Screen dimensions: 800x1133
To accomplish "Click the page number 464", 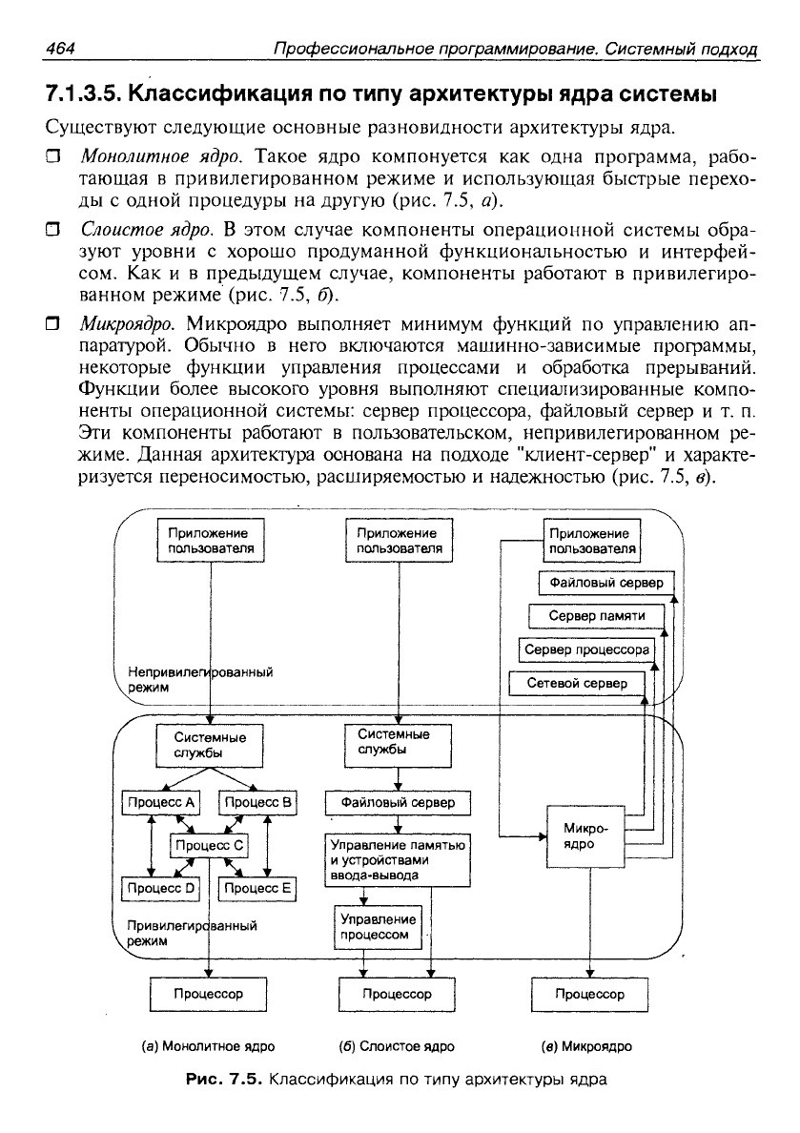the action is coord(61,49).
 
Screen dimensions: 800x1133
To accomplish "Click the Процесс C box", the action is coord(210,845).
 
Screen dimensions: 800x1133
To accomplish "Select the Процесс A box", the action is coord(161,803).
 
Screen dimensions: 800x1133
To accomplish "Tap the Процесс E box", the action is coord(257,888).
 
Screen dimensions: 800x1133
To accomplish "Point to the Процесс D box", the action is coord(161,888).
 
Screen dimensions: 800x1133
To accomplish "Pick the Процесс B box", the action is coord(257,803).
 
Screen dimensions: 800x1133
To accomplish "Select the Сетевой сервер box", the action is coord(577,684).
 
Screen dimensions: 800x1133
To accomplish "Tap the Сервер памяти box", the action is coord(596,616).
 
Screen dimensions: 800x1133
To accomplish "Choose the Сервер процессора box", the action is coord(586,649).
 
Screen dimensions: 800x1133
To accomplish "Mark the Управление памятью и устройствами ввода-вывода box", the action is coord(398,860).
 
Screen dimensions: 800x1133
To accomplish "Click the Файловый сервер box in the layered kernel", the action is coord(398,803).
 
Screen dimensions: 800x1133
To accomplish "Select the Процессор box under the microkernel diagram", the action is coord(589,995).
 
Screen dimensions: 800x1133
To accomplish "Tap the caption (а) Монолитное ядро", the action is coord(208,1046).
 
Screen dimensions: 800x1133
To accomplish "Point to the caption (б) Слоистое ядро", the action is coord(397,1046).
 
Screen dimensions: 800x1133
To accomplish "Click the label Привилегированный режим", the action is coord(192,933).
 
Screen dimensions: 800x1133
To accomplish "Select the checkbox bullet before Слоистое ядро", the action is coord(52,231).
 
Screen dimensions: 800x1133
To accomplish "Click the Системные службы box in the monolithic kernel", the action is coord(210,745).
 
